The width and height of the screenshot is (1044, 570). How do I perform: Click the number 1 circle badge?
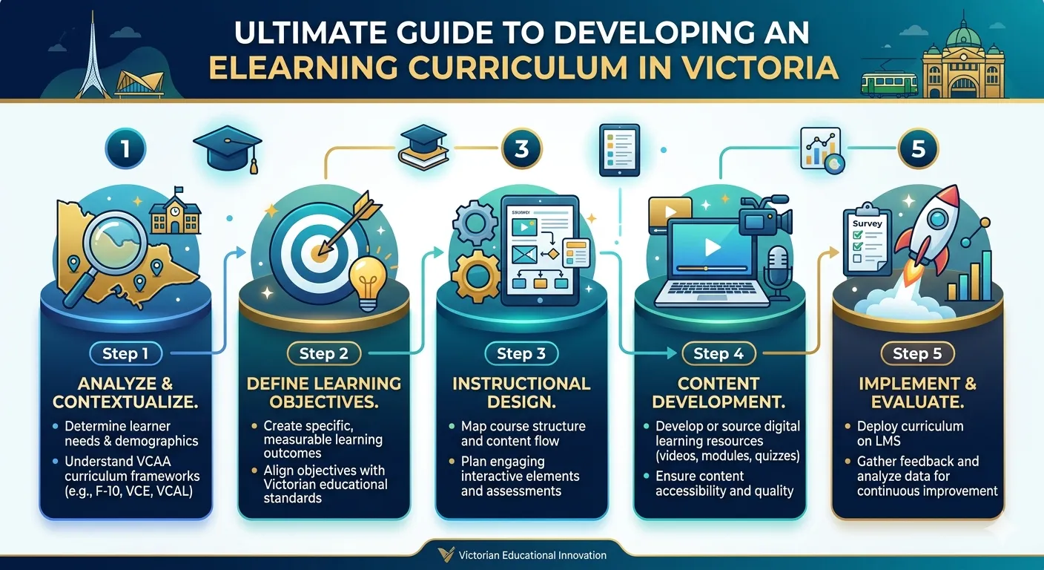pos(125,148)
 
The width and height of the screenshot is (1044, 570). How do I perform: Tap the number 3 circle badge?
pos(522,148)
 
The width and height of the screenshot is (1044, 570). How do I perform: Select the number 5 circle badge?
pos(918,148)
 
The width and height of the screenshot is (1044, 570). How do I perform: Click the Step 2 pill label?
pos(323,354)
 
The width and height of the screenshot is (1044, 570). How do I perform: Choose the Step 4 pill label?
pos(718,354)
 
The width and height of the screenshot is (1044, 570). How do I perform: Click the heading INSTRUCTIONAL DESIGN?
pos(521,392)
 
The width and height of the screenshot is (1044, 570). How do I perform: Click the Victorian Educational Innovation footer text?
pos(532,555)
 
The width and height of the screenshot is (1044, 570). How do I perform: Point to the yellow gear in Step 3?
pos(475,274)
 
